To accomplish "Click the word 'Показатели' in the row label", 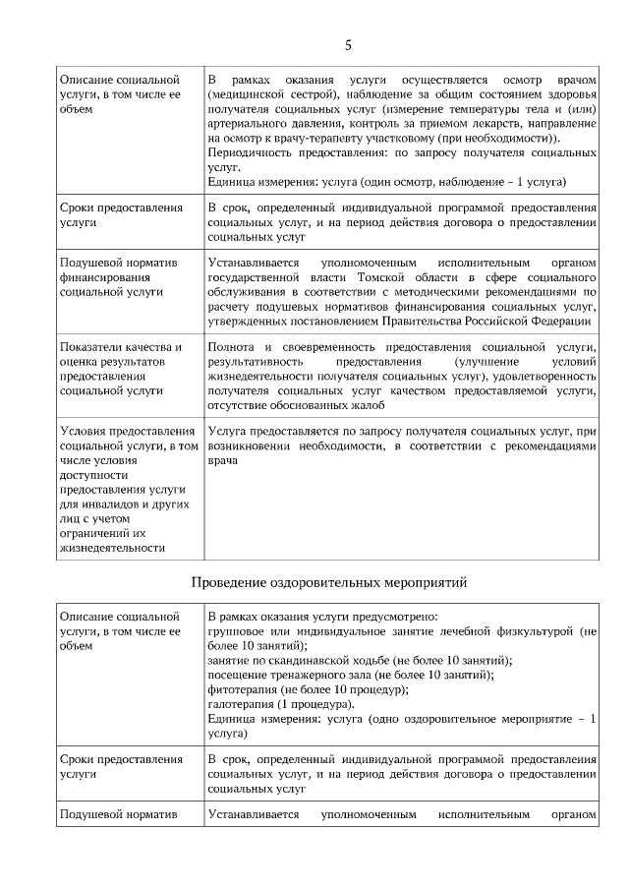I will point(91,347).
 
